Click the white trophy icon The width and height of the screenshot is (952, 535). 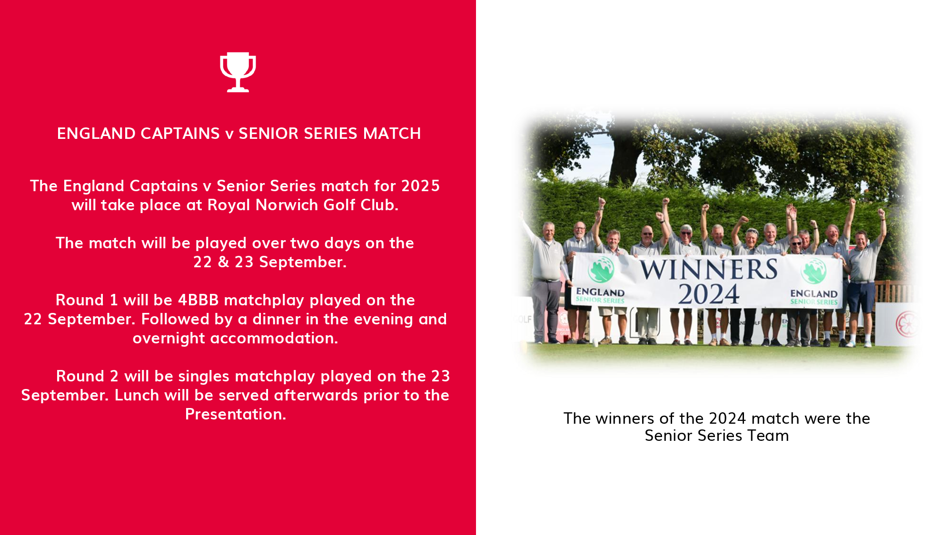tap(238, 72)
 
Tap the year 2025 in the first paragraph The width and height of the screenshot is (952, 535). tap(420, 186)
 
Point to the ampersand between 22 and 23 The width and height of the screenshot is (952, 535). tap(223, 262)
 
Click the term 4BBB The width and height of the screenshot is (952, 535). tap(198, 300)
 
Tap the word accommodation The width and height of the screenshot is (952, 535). tap(274, 338)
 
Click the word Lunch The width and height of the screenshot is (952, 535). tap(137, 395)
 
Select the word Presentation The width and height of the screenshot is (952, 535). tap(236, 414)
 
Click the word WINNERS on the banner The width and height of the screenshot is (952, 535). tap(709, 270)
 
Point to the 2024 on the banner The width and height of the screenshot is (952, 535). tap(709, 294)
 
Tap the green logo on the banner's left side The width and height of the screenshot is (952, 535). tap(601, 270)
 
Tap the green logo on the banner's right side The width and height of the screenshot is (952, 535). tap(813, 271)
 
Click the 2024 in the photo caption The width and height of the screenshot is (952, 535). tap(728, 418)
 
